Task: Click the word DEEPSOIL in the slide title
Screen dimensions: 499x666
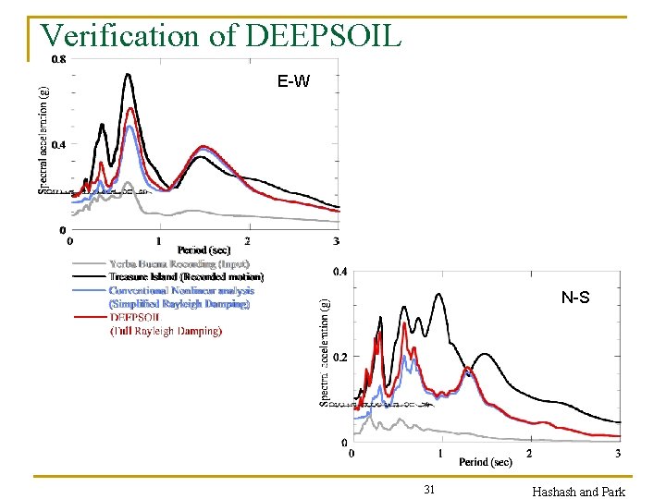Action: point(324,35)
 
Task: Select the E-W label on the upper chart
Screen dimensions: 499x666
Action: point(292,82)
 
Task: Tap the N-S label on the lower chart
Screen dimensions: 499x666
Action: point(575,298)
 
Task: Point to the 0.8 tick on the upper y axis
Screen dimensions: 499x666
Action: point(57,59)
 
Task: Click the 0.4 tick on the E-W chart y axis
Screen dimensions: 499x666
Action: point(57,144)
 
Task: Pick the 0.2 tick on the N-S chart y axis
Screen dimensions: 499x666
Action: point(340,357)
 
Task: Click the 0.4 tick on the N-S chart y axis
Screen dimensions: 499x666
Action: point(340,272)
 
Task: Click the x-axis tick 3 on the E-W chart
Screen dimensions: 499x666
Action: point(336,242)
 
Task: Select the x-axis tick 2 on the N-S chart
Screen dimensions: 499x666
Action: point(529,454)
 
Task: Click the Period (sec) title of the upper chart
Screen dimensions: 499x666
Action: point(203,249)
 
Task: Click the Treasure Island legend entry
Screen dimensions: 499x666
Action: point(185,276)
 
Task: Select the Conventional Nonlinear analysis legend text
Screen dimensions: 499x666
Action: point(180,290)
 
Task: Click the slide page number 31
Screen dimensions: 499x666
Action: point(429,489)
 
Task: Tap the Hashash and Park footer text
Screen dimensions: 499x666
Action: point(579,492)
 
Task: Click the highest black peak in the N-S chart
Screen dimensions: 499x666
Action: point(438,294)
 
